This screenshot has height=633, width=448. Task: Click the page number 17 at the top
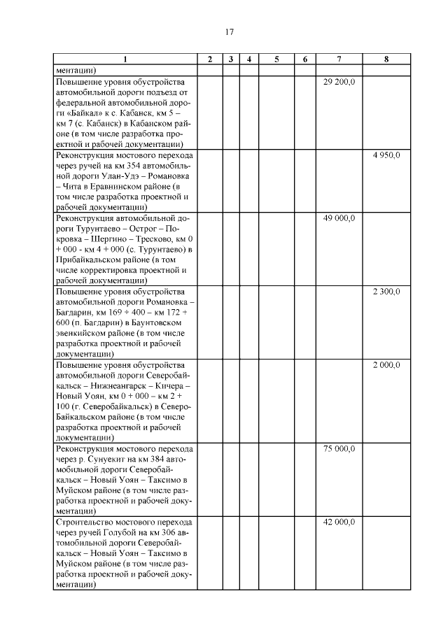coord(229,32)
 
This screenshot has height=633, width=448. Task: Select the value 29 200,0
coord(339,82)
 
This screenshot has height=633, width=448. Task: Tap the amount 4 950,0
coord(386,155)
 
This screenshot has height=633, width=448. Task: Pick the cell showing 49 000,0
coord(339,218)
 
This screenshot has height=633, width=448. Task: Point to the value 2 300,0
coord(386,292)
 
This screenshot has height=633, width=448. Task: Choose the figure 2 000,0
coord(386,365)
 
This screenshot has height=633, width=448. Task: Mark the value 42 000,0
coord(339,522)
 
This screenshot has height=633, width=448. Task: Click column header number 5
coord(276,59)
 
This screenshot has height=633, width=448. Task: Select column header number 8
coord(386,59)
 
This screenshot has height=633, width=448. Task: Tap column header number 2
coord(210,59)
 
